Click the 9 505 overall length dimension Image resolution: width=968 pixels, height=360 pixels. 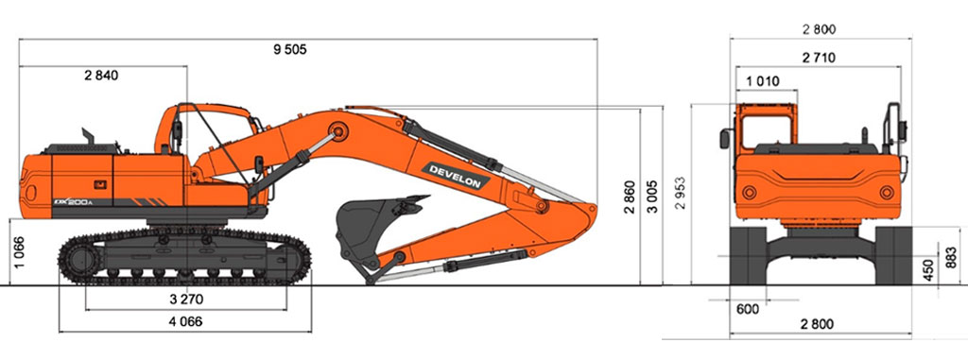(x=289, y=50)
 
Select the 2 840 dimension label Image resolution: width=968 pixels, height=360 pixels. (x=101, y=76)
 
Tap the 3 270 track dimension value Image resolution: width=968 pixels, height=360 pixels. (x=186, y=300)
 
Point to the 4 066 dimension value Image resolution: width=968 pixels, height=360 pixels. (x=186, y=321)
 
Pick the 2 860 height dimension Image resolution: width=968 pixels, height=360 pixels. (x=630, y=197)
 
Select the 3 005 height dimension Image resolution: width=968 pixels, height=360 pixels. (x=652, y=197)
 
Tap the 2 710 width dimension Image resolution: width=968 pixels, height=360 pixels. (x=819, y=58)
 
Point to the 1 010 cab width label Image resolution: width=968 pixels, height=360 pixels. (x=763, y=81)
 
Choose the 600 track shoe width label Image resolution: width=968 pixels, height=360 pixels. (x=749, y=309)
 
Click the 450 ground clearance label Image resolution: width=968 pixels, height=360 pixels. (x=928, y=270)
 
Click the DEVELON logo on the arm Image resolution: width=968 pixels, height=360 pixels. (x=456, y=176)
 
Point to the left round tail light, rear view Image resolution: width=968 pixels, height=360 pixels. (x=750, y=193)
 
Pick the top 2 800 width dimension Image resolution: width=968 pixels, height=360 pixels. (x=820, y=29)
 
